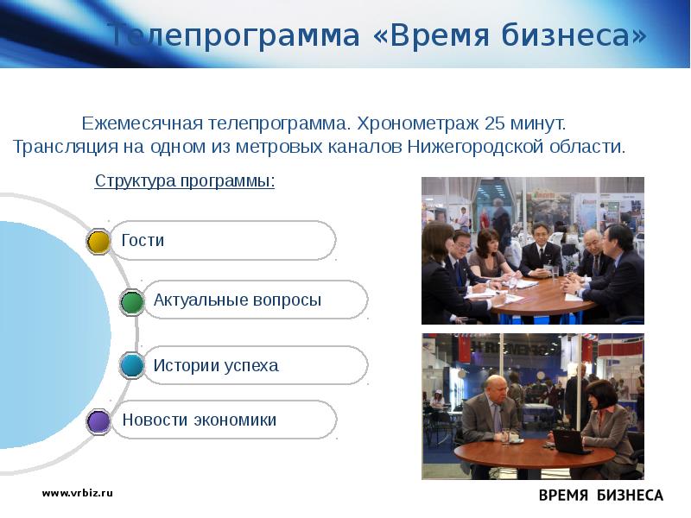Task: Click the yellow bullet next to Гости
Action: point(99,241)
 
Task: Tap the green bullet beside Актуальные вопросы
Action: point(131,301)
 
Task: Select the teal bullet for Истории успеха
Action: point(131,366)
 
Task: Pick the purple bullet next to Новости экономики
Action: point(99,421)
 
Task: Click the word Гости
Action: point(143,241)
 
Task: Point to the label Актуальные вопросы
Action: point(237,300)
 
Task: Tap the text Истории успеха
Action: point(216,365)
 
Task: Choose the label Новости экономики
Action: point(199,420)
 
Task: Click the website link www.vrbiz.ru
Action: point(78,493)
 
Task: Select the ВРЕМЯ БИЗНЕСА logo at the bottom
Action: point(601,496)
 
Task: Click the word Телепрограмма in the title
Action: point(233,36)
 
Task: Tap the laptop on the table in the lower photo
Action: point(571,441)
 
